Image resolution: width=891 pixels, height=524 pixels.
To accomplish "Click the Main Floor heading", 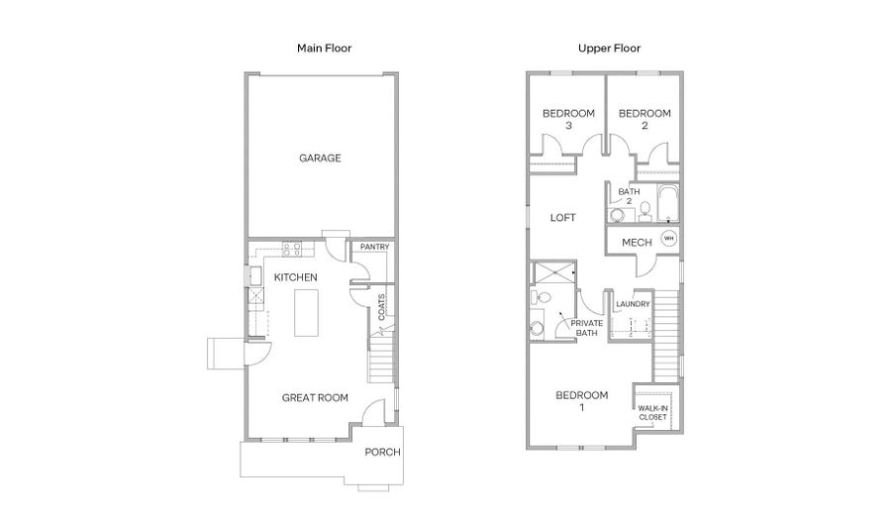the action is (x=324, y=49).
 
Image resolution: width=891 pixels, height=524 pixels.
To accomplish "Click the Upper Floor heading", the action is (x=609, y=49).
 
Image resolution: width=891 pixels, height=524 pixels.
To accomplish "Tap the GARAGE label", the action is (x=320, y=158).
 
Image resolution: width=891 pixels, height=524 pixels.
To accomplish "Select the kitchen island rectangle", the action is (x=306, y=313).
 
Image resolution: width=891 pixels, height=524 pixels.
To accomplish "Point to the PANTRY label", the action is (x=374, y=247).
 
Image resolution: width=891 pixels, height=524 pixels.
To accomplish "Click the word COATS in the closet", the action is (x=381, y=307).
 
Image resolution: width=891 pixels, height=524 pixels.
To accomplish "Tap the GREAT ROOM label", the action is (x=315, y=398).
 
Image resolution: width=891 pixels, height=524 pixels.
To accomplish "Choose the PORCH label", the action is (x=382, y=453).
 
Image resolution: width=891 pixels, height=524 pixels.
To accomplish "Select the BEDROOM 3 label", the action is (x=569, y=119).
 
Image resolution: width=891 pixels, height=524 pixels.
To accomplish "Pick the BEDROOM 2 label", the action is (x=644, y=119).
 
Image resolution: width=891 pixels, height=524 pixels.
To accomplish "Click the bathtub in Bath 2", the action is (x=667, y=202).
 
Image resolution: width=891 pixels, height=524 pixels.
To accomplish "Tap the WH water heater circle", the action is (x=669, y=238).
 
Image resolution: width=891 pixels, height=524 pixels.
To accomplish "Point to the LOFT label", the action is (x=562, y=218).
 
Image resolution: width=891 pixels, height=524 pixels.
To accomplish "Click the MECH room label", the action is (x=637, y=243).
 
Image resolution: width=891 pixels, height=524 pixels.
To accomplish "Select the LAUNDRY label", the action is (x=633, y=304).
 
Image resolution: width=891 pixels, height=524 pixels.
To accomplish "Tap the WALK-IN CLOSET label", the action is (x=653, y=413).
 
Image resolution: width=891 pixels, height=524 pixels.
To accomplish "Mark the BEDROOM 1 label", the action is (x=582, y=400).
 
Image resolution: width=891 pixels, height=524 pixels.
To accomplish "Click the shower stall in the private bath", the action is (x=555, y=272).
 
